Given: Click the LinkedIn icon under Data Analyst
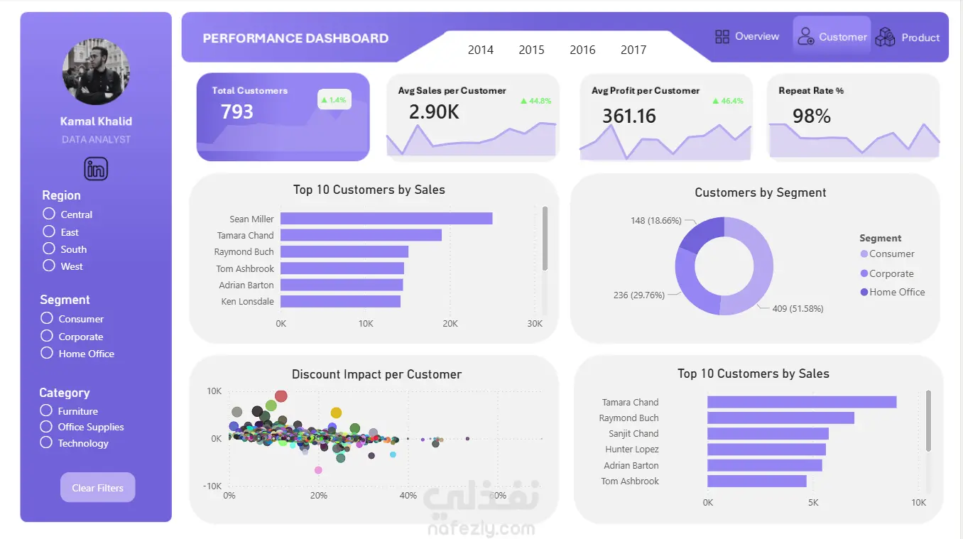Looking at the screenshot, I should coord(96,169).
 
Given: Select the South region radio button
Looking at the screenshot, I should coord(49,249).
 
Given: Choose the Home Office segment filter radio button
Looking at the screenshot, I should coord(48,353).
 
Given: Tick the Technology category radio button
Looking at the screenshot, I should coord(47,442).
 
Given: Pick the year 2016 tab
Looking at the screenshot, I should coord(582,50).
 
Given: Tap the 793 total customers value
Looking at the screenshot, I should coord(237,112).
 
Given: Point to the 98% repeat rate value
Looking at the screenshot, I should coord(812,116).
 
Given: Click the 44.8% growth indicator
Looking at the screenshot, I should coord(536,101).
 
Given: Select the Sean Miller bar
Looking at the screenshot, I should coord(386,219).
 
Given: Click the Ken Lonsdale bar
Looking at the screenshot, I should coord(340,301).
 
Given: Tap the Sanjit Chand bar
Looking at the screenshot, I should coord(768,433).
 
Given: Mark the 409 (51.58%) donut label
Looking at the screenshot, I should coord(798,309).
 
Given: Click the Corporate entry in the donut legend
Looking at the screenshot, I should coord(891,273).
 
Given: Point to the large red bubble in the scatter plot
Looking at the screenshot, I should coord(281,396).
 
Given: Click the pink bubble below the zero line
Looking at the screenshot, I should coord(318,470).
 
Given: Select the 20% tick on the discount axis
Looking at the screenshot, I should coord(319,495).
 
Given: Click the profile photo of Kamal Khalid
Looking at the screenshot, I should coord(96,72).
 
